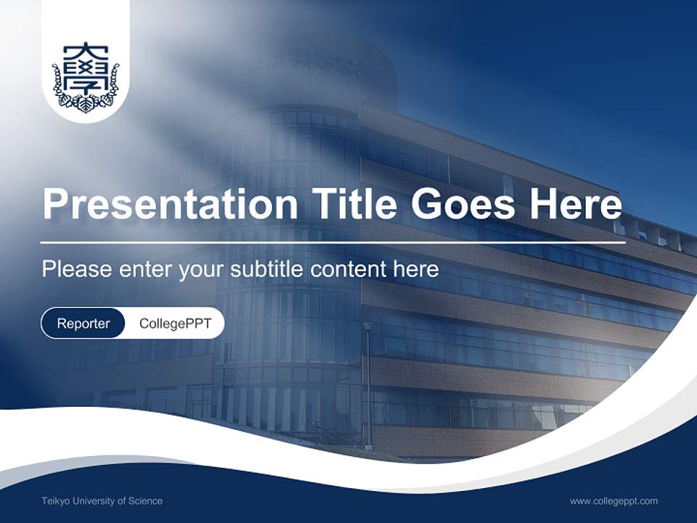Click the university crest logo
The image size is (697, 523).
coord(86,78)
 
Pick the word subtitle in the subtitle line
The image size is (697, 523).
coord(267,269)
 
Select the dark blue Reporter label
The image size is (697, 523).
coord(83,323)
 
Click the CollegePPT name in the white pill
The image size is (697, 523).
coord(175,323)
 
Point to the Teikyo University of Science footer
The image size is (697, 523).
coord(102,500)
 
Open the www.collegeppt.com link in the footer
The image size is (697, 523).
coord(614,500)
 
